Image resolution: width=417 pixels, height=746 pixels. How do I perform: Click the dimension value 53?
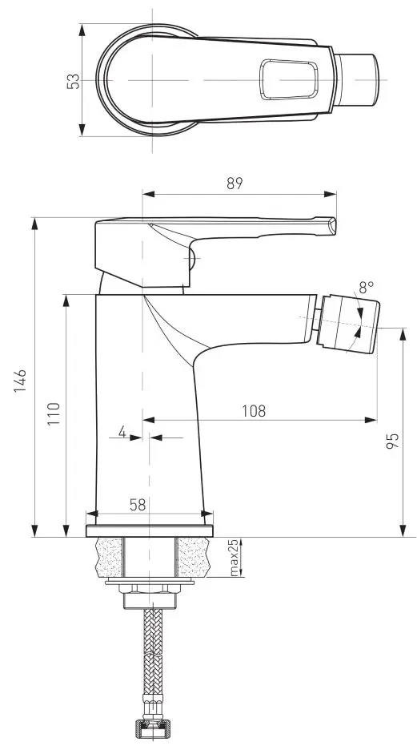73,81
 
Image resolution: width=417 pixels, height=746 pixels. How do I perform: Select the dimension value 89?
234,183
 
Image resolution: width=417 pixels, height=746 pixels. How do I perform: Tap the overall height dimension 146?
22,381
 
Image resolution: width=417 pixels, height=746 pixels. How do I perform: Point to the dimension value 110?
53,416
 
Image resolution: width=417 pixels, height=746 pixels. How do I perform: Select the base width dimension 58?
137,504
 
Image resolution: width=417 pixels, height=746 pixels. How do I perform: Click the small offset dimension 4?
122,432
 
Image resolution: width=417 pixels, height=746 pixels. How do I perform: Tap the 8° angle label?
367,286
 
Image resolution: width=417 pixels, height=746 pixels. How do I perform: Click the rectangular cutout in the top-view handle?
289,80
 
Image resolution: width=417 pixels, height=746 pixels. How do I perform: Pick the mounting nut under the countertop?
150,598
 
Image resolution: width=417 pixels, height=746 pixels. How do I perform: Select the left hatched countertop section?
110,558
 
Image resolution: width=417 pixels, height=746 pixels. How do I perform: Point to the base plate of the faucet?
150,530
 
